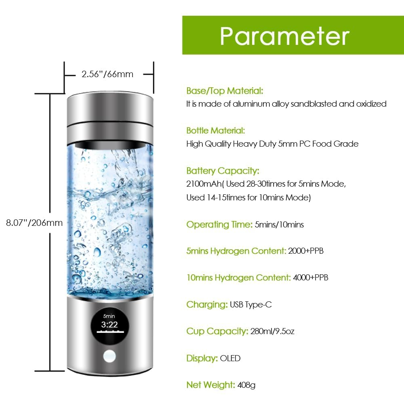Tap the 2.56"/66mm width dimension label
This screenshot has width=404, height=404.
[x=107, y=74]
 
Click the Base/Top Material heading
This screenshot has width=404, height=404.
[x=225, y=90]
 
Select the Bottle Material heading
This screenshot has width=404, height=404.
[x=215, y=130]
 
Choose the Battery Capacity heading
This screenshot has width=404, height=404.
[x=223, y=170]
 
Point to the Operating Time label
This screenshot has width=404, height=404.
[x=219, y=224]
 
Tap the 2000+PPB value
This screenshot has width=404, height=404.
[x=306, y=251]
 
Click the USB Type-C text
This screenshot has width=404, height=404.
[x=250, y=305]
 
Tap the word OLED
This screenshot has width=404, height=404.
[x=230, y=358]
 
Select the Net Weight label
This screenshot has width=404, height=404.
[x=210, y=385]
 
